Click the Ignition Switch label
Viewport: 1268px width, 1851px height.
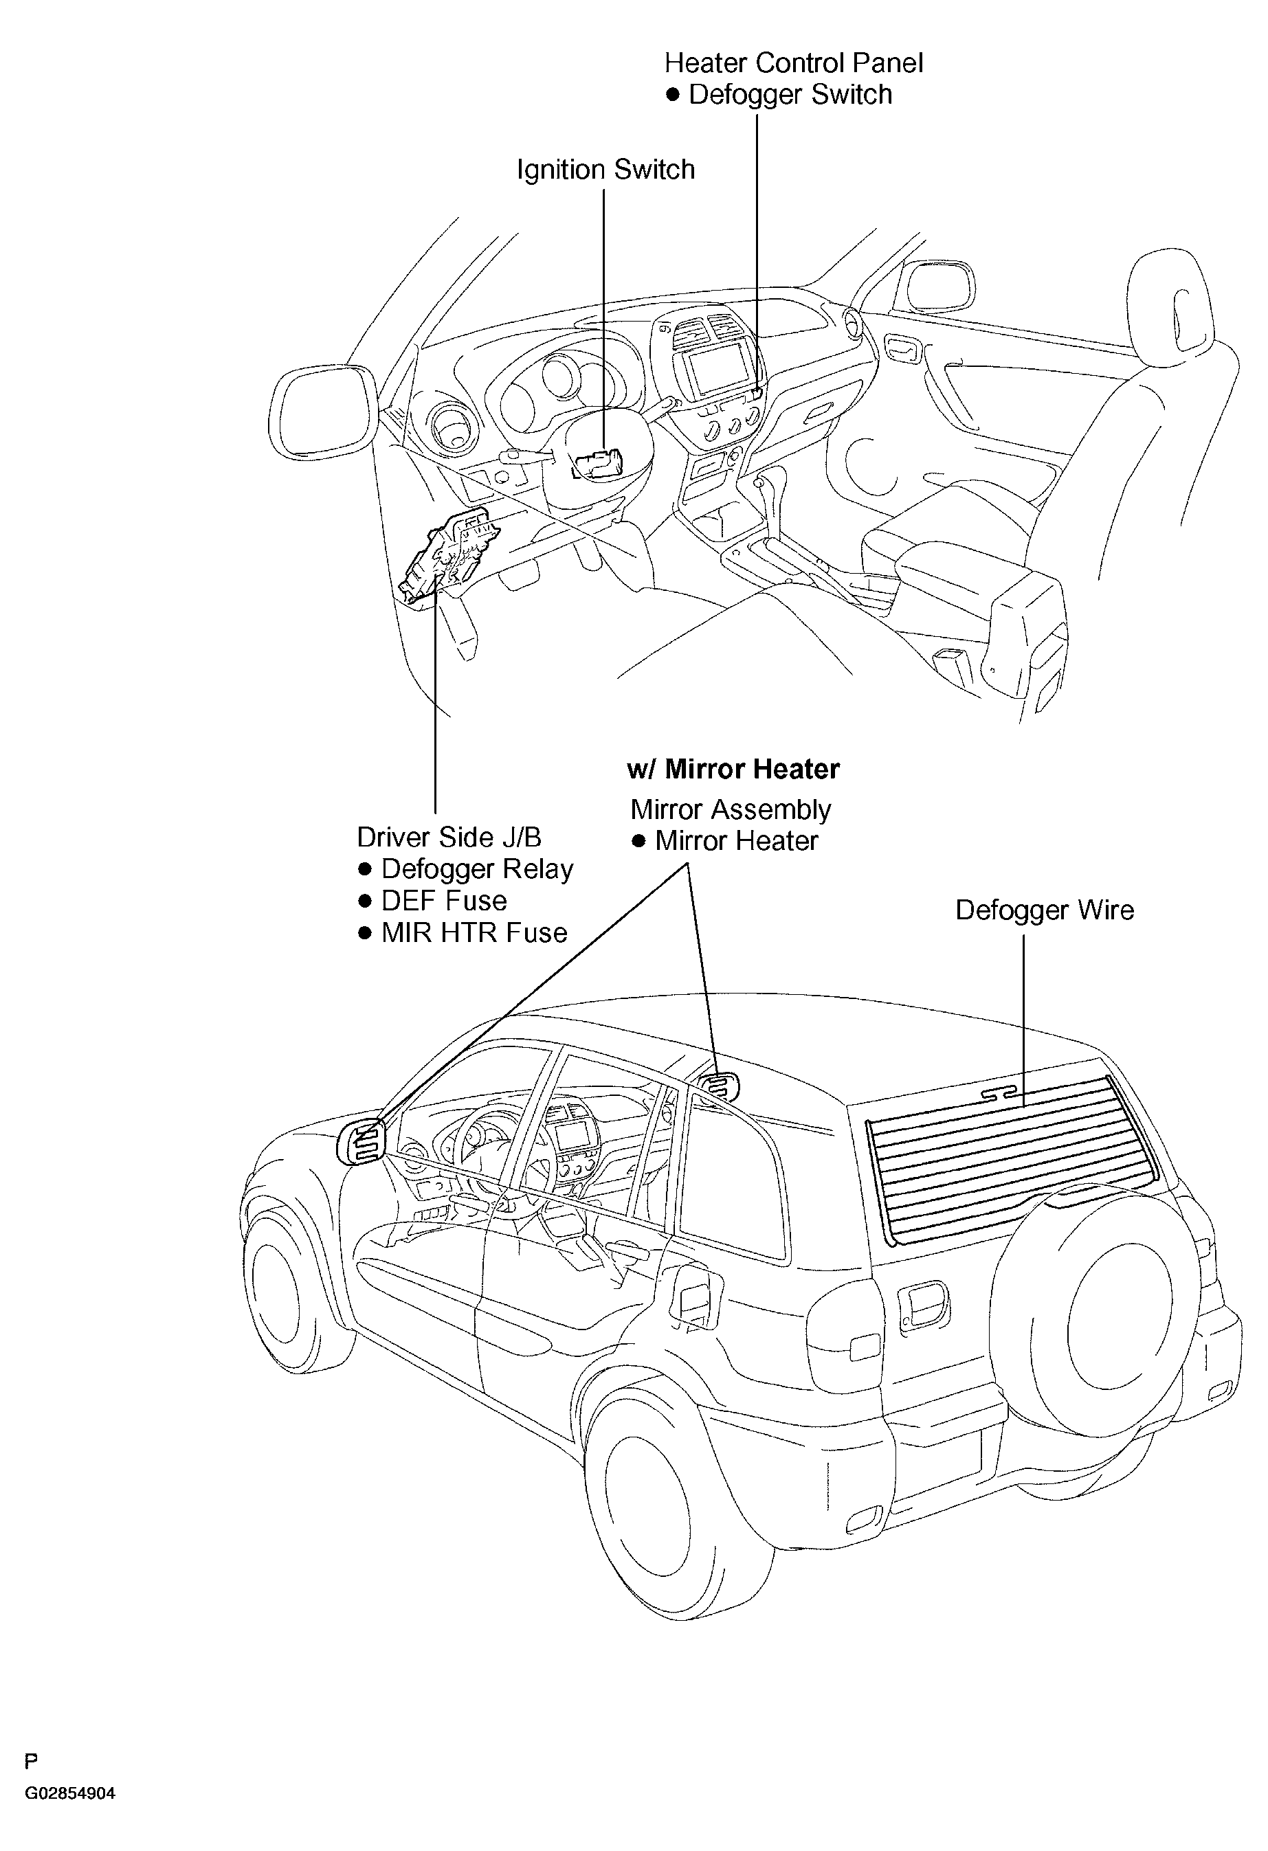pyautogui.click(x=605, y=170)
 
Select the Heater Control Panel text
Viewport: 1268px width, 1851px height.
pyautogui.click(x=794, y=63)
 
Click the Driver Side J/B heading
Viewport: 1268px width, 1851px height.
pyautogui.click(x=449, y=837)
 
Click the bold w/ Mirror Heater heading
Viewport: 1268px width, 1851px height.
pyautogui.click(x=733, y=770)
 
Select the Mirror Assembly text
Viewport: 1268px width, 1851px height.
pyautogui.click(x=731, y=810)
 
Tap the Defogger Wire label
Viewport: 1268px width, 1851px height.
pyautogui.click(x=1044, y=910)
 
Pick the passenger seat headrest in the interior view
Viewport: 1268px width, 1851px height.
pyautogui.click(x=1169, y=300)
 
